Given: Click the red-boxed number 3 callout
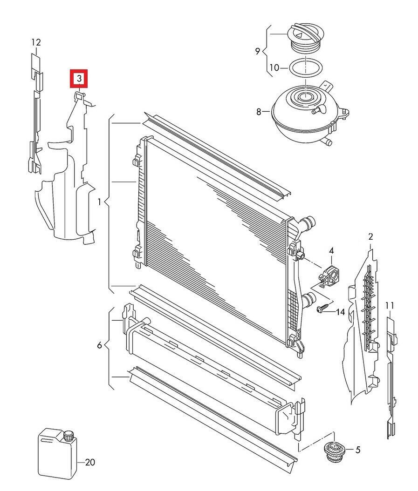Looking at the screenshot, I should click(x=79, y=78).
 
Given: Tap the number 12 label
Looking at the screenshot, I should click(x=36, y=42).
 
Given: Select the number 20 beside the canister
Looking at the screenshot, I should click(x=90, y=462).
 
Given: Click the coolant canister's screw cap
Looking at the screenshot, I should click(x=69, y=436).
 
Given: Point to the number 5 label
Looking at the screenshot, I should click(x=358, y=450).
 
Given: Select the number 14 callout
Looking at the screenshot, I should click(x=340, y=312).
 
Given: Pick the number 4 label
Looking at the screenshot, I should click(x=331, y=251).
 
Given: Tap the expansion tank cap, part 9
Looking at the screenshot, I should click(x=303, y=37).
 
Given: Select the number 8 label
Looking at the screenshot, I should click(x=260, y=111).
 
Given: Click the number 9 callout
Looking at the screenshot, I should click(x=258, y=51).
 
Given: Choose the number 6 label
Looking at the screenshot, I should click(x=99, y=345).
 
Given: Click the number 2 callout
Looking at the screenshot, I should click(x=370, y=237).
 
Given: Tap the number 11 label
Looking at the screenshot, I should click(x=390, y=305).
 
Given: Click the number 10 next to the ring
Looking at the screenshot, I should click(x=274, y=68).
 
